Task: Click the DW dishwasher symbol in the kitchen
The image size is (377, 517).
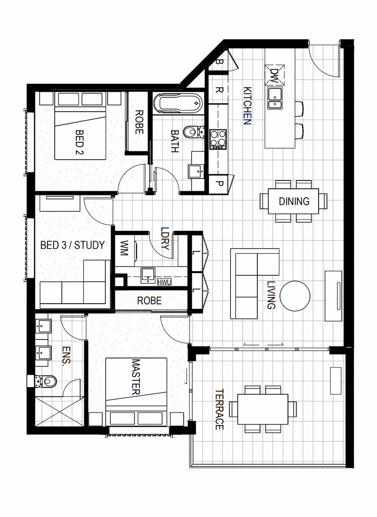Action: (274, 73)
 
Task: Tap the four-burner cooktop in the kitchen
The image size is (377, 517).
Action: (218, 139)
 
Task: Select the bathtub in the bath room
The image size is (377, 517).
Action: (178, 103)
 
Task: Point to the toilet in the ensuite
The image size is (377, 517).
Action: (46, 382)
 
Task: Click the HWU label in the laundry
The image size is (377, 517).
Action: (164, 282)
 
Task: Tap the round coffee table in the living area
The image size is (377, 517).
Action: (295, 296)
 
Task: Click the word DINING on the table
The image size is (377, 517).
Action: (294, 201)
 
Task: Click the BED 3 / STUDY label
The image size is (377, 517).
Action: (72, 245)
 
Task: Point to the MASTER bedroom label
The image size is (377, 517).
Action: (136, 377)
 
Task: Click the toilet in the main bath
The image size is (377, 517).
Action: (193, 132)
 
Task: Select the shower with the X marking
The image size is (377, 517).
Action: (58, 412)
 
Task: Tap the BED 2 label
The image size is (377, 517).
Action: (80, 142)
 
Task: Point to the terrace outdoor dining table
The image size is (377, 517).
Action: (263, 409)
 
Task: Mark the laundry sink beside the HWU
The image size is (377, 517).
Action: (148, 275)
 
